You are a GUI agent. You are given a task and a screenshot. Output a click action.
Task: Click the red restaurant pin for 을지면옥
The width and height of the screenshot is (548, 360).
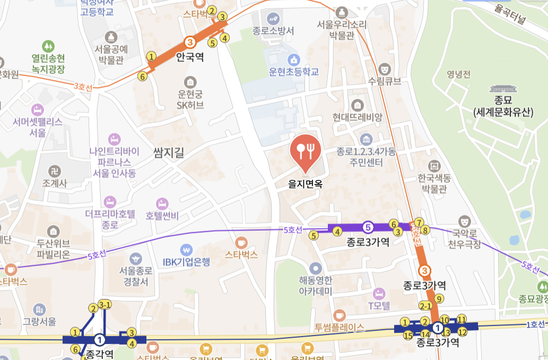point(306,150)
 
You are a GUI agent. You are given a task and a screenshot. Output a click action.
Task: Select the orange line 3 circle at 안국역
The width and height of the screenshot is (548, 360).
point(189,42)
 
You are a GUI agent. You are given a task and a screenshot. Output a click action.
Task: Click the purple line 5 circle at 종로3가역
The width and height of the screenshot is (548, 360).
point(368,227)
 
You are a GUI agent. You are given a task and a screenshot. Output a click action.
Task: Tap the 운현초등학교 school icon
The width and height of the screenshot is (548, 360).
point(294,59)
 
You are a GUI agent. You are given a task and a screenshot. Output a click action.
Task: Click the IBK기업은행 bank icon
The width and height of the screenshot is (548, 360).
point(186,249)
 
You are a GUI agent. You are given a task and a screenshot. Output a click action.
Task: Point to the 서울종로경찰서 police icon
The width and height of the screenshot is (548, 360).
point(136,259)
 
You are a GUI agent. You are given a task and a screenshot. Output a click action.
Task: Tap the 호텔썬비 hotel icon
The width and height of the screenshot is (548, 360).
point(162,204)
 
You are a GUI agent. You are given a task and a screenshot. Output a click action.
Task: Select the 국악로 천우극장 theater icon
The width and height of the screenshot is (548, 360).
point(465,219)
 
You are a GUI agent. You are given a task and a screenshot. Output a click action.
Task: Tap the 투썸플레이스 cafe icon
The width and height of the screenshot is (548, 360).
point(340,314)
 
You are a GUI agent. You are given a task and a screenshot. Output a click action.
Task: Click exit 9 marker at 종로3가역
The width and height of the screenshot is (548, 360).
point(438,298)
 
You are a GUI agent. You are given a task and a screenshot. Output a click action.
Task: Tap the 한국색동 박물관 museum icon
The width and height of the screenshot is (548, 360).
point(435,165)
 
